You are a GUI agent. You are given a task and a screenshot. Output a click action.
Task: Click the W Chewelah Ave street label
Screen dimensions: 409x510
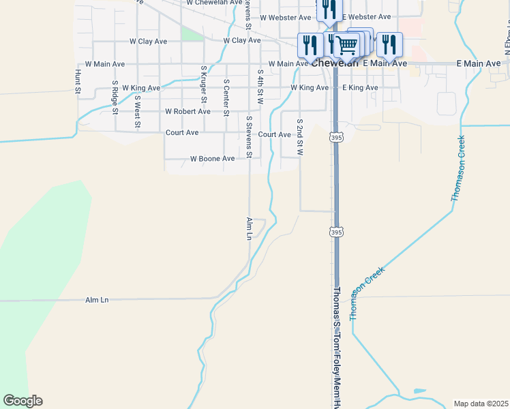point(215,3)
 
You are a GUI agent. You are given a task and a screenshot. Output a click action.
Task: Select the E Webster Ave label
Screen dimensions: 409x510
point(367,16)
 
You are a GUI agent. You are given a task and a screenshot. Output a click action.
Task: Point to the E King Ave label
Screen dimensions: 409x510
point(360,88)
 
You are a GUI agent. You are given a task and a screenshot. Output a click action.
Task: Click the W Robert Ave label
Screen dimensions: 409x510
point(187,111)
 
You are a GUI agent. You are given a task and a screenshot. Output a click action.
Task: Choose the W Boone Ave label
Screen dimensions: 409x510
point(212,159)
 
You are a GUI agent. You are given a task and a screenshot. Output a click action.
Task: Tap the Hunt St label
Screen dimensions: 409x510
point(78,81)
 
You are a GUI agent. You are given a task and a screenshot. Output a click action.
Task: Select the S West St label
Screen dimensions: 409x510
point(138,111)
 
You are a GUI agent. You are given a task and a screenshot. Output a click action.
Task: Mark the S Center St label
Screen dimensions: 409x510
point(226,97)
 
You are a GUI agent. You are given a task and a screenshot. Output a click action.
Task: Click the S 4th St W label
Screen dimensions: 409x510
point(260,86)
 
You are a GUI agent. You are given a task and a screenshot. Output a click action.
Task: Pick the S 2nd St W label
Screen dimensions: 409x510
point(299,136)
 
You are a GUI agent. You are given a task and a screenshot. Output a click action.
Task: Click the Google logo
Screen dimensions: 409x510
point(22,401)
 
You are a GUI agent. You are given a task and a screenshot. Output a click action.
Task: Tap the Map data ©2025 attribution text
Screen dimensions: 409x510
point(480,404)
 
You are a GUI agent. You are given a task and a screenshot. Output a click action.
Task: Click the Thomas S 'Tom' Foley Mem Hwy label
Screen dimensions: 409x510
point(336,348)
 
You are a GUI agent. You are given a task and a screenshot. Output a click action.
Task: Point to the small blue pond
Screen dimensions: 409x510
point(419,392)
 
